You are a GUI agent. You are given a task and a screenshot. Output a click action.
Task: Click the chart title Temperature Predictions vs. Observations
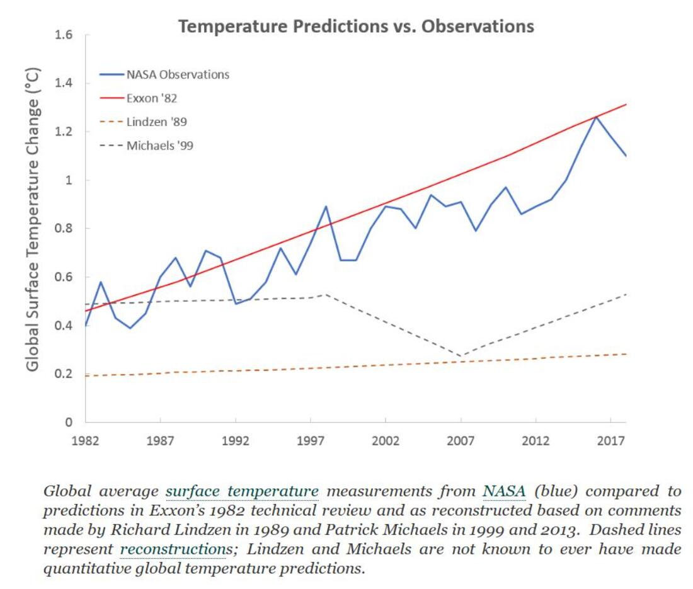click(x=356, y=26)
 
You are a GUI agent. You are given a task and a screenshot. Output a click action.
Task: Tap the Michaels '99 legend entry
click(x=159, y=146)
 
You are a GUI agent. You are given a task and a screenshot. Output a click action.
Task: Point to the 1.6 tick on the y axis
click(x=66, y=35)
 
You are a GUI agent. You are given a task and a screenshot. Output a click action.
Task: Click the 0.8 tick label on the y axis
click(x=66, y=229)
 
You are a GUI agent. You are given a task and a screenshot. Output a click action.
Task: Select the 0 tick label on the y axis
click(x=70, y=423)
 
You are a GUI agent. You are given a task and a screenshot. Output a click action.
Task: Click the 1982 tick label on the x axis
click(x=86, y=441)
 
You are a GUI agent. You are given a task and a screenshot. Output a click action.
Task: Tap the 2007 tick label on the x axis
click(x=461, y=441)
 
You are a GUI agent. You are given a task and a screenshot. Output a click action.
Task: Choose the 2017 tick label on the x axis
click(x=610, y=441)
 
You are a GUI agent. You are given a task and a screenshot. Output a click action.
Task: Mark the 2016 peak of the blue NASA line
click(x=595, y=117)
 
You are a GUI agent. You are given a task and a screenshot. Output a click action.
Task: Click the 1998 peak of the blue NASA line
click(x=326, y=207)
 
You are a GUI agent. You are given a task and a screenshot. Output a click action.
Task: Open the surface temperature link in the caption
click(x=242, y=491)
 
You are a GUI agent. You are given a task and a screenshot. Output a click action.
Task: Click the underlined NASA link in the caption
click(x=504, y=491)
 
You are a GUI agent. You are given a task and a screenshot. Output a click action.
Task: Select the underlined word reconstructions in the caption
click(x=173, y=549)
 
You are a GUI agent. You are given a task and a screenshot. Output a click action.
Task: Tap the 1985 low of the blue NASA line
click(x=130, y=328)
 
